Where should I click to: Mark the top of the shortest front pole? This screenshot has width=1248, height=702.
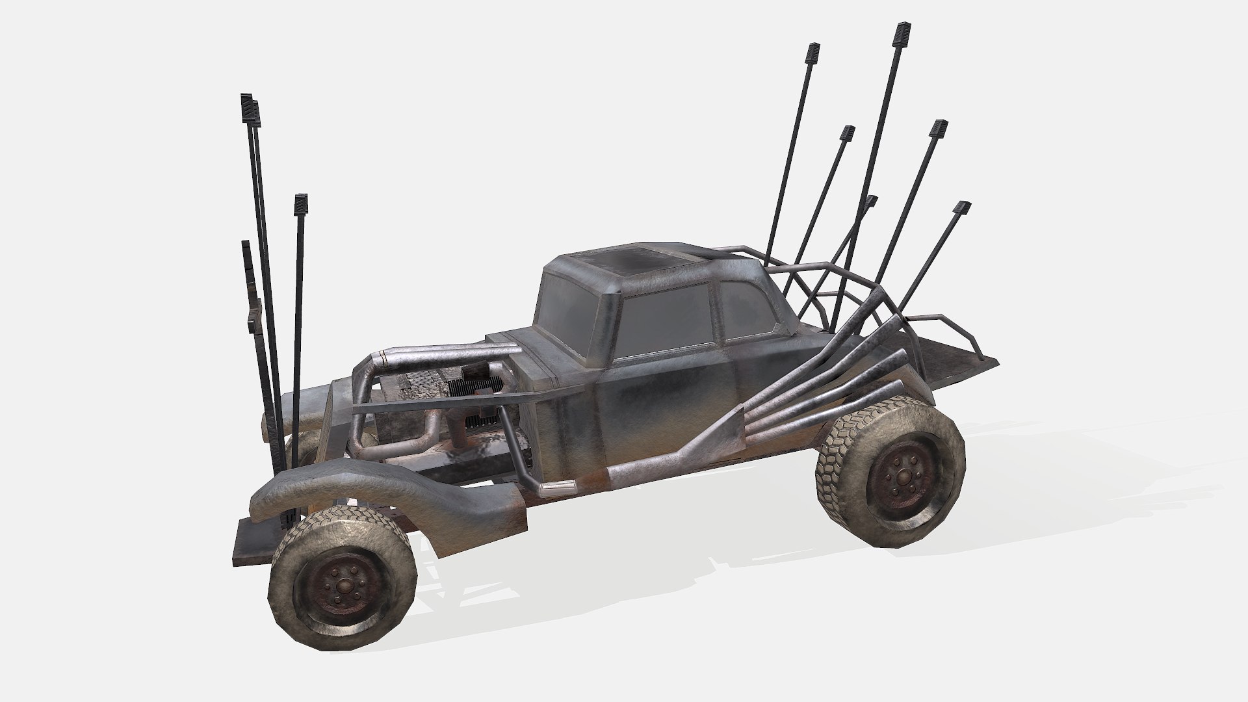pyautogui.click(x=245, y=246)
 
